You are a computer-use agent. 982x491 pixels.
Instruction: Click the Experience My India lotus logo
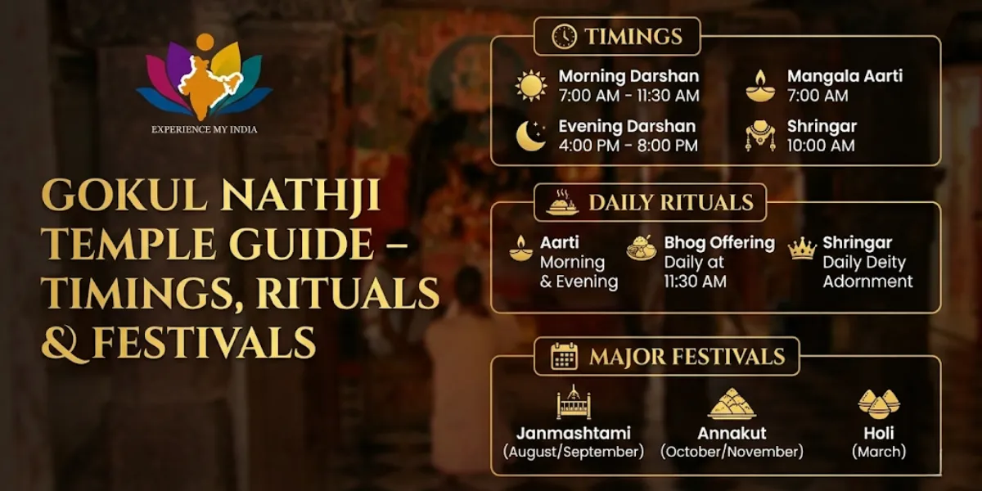click(x=204, y=79)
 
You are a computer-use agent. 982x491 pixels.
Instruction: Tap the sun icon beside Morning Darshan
click(x=531, y=86)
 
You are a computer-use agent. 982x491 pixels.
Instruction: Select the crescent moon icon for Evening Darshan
click(x=531, y=137)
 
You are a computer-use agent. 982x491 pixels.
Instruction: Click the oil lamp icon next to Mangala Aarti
click(x=760, y=86)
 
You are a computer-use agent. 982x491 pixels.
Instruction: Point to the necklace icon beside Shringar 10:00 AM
click(x=760, y=137)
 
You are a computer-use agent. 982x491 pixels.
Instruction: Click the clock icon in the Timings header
click(x=564, y=37)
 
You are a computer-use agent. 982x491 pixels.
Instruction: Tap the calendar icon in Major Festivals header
click(x=564, y=357)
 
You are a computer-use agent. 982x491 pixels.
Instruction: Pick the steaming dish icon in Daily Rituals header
click(x=562, y=203)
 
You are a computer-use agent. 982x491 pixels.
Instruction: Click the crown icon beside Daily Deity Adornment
click(x=802, y=249)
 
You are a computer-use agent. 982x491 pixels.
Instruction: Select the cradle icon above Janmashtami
click(x=573, y=403)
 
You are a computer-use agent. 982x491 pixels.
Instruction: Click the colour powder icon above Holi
click(x=879, y=403)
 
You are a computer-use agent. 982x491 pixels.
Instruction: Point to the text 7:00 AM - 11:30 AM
click(x=628, y=96)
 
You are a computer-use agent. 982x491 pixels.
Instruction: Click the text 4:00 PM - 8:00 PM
click(x=628, y=146)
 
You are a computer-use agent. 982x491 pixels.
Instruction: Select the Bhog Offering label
click(x=719, y=243)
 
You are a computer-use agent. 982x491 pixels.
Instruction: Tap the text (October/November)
click(x=732, y=452)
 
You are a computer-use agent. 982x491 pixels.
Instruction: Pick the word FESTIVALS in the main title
click(x=204, y=342)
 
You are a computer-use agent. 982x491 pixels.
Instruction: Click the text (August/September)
click(x=573, y=452)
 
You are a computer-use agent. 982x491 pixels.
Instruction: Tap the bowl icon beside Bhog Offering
click(x=642, y=247)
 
